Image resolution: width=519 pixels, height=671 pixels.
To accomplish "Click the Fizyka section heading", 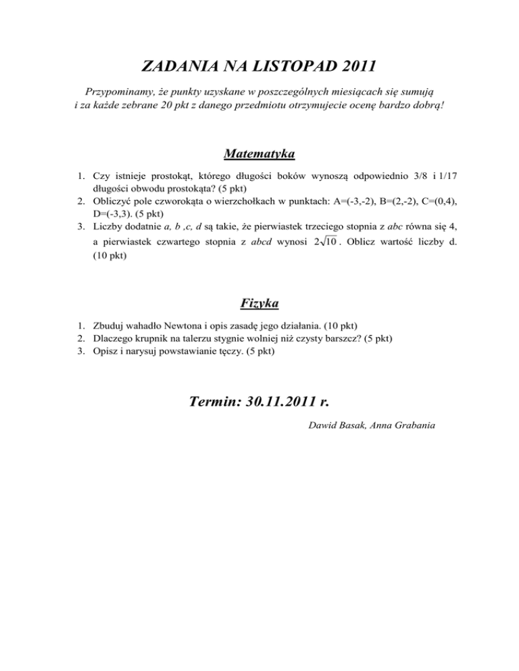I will [x=259, y=300].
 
